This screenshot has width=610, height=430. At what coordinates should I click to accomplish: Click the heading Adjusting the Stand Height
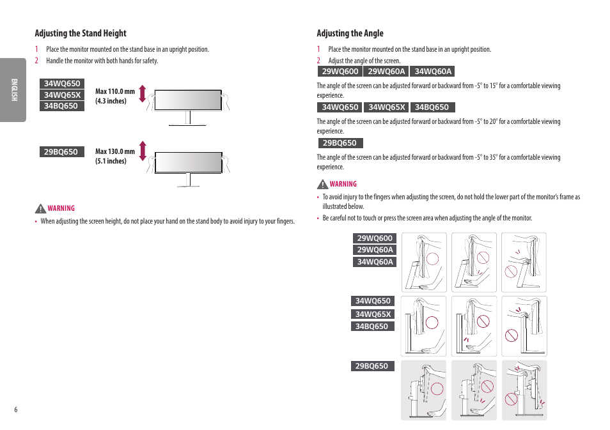(80, 33)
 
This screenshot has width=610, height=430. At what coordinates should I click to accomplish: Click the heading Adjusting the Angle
(350, 33)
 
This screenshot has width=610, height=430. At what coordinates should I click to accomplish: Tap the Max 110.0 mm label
(115, 91)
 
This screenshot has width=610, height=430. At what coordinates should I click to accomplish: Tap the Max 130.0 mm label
(115, 151)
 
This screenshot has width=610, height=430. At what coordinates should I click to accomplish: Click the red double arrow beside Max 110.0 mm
(143, 94)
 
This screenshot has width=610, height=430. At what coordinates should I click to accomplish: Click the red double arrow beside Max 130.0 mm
(143, 151)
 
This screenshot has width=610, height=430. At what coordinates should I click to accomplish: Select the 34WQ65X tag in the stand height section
(62, 95)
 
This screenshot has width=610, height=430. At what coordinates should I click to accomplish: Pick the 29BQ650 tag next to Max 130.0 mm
(61, 152)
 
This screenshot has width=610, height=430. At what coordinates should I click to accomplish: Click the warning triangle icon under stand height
(40, 208)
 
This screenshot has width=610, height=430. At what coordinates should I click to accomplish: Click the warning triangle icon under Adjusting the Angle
(323, 185)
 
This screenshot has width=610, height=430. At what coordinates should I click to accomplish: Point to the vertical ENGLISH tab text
(13, 90)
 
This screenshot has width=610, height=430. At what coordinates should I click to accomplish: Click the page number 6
(16, 410)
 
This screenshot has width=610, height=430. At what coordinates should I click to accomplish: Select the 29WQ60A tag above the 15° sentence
(386, 72)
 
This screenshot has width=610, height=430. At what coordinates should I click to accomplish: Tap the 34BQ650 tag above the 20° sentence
(432, 107)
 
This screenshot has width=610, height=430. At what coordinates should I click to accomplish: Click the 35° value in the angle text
(493, 157)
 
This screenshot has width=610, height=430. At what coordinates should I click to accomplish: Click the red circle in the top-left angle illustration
(433, 259)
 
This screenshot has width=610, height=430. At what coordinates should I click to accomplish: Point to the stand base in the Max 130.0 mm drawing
(188, 185)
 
